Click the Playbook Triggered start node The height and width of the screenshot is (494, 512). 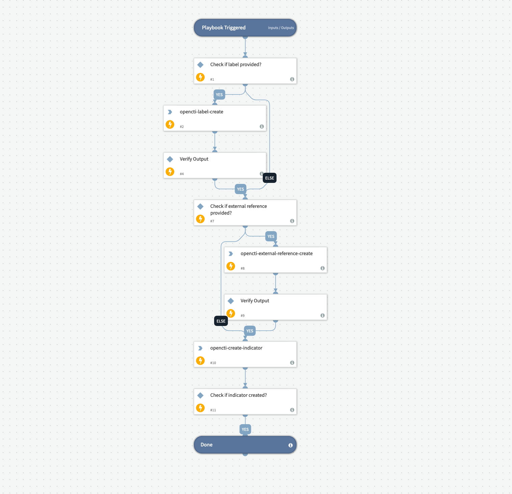pyautogui.click(x=224, y=28)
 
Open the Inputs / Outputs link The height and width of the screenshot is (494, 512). pyautogui.click(x=281, y=28)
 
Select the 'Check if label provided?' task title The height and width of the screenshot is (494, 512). pyautogui.click(x=236, y=64)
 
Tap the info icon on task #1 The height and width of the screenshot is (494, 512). pyautogui.click(x=292, y=79)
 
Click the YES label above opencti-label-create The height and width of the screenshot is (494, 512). pyautogui.click(x=219, y=95)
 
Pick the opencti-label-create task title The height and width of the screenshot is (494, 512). pyautogui.click(x=201, y=112)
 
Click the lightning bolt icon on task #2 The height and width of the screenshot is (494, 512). pyautogui.click(x=170, y=125)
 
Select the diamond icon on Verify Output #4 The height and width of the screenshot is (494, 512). pyautogui.click(x=170, y=159)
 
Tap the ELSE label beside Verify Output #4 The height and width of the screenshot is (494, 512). pyautogui.click(x=270, y=178)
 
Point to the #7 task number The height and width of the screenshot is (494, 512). pyautogui.click(x=212, y=221)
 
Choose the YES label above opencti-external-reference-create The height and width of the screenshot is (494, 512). pyautogui.click(x=271, y=237)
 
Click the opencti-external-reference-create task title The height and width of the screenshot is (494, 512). pyautogui.click(x=277, y=253)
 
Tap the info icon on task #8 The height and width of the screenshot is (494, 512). pyautogui.click(x=323, y=268)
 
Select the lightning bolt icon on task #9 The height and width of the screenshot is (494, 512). pyautogui.click(x=231, y=313)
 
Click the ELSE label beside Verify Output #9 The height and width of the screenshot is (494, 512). pyautogui.click(x=221, y=321)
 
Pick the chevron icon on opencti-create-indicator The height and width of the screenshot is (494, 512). pyautogui.click(x=200, y=348)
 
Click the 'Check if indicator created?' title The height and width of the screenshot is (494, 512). pyautogui.click(x=238, y=395)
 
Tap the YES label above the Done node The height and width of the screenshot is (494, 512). pyautogui.click(x=245, y=430)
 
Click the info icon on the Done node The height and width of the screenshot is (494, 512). pyautogui.click(x=290, y=445)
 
